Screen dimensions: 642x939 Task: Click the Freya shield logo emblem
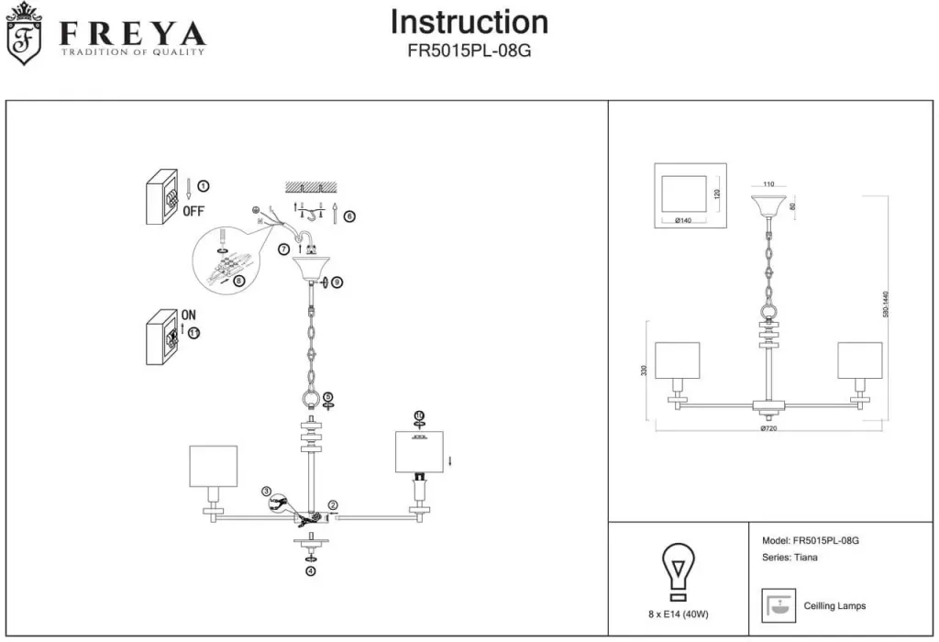point(25,34)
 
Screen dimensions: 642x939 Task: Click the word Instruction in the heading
point(469,22)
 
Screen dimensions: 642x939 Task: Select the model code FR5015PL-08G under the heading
point(469,51)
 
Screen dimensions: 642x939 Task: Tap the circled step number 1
point(204,185)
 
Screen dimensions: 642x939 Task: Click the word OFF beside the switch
point(193,210)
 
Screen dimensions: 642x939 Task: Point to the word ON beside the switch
point(188,315)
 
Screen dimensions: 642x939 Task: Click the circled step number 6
point(349,216)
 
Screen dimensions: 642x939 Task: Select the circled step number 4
point(310,570)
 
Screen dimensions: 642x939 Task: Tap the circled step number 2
point(333,505)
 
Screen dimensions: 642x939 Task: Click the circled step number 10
point(419,415)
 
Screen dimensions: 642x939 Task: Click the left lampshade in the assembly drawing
point(214,466)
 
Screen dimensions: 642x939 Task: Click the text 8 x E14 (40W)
point(679,614)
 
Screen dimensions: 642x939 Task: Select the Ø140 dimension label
point(683,221)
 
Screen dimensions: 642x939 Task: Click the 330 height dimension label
point(644,371)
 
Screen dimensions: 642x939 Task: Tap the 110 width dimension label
point(768,184)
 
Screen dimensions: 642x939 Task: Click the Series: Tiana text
point(790,557)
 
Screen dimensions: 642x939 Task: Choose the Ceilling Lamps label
point(834,606)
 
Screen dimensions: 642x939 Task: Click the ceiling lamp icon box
point(778,606)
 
